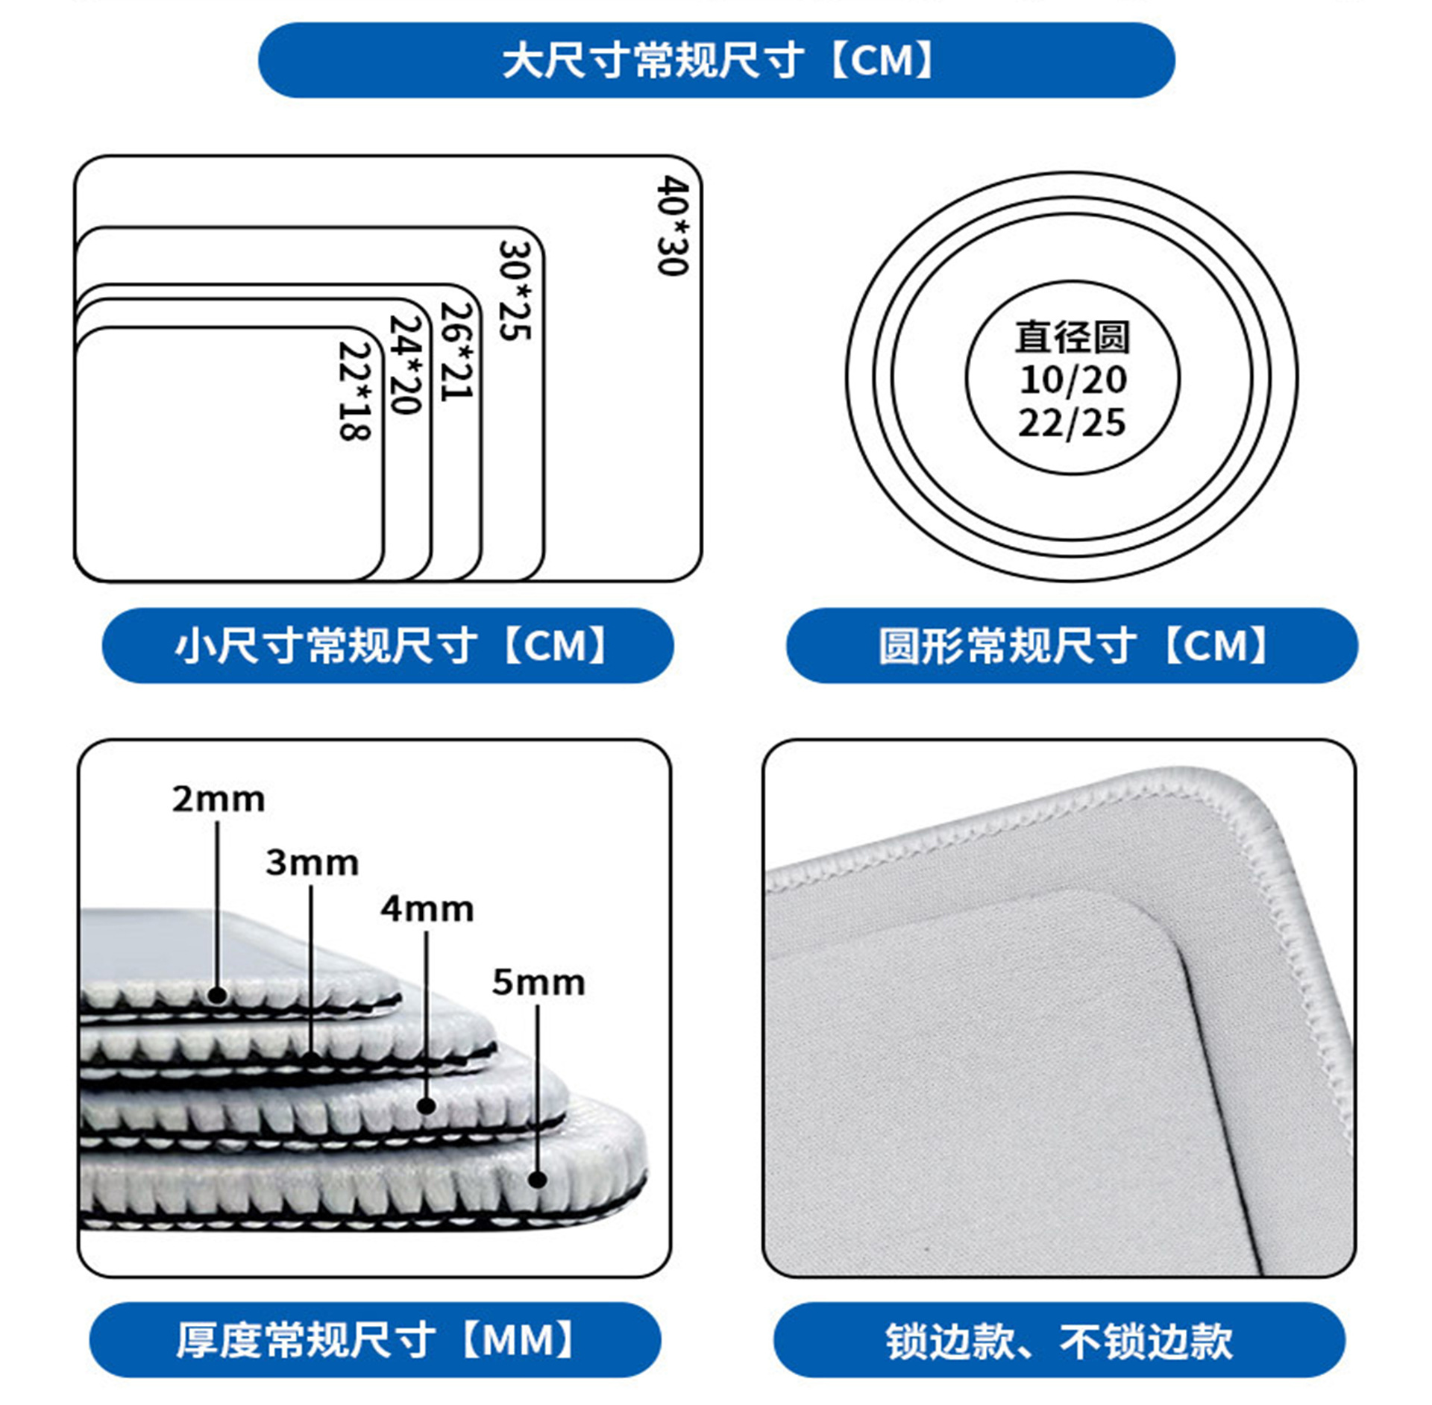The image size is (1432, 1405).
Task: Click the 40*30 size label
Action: tap(673, 225)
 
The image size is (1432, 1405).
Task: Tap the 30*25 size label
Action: tap(515, 290)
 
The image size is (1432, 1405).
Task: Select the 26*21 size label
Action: tap(457, 351)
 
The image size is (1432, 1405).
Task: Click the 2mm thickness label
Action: tap(219, 799)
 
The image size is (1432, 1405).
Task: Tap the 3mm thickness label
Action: tap(313, 863)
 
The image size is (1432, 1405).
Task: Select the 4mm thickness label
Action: tap(427, 909)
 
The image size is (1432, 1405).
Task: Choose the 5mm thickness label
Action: tap(538, 982)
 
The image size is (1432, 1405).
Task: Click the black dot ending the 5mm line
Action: tap(538, 1179)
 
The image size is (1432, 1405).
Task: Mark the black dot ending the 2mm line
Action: tap(218, 994)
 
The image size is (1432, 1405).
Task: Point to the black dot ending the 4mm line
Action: tap(427, 1105)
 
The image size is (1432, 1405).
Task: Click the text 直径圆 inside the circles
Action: tap(1073, 337)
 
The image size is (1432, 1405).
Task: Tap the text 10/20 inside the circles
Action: tap(1073, 380)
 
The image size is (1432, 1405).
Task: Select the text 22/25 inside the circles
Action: tap(1073, 423)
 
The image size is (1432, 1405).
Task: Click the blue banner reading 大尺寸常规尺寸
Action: tap(716, 60)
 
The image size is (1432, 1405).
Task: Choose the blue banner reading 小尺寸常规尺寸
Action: tap(388, 646)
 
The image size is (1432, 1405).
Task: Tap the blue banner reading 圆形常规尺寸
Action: tap(1072, 646)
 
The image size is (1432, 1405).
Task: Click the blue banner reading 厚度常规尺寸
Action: tap(375, 1340)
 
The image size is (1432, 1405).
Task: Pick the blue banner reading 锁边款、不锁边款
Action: tap(1059, 1340)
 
